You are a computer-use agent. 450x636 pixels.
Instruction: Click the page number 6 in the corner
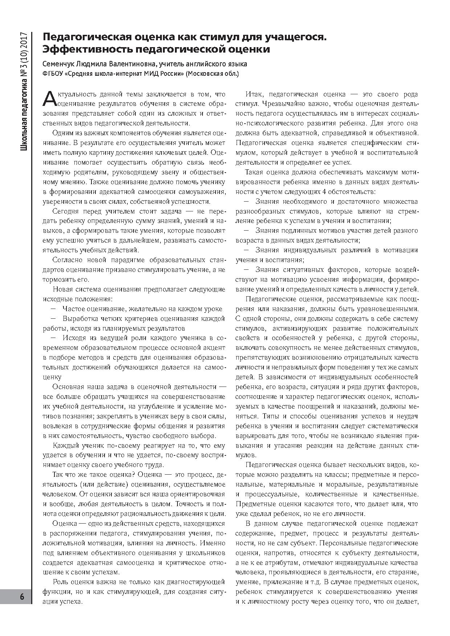pyautogui.click(x=22, y=597)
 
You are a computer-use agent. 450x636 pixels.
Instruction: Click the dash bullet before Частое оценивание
pyautogui.click(x=53, y=309)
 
